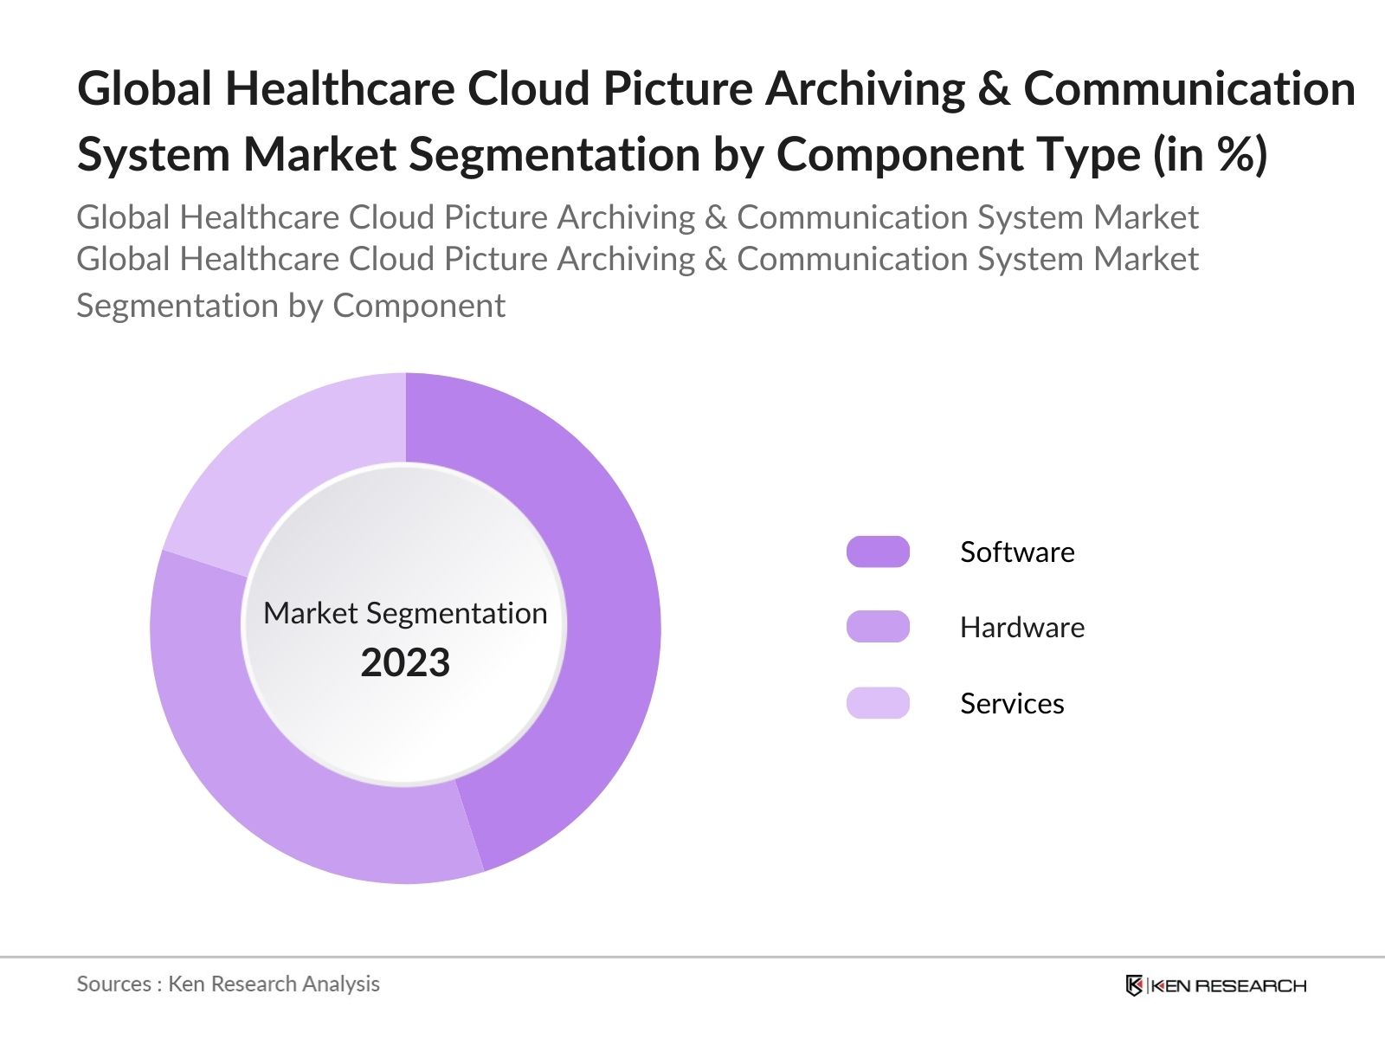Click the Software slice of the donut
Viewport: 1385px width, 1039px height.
[x=606, y=606]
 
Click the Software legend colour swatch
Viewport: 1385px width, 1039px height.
[x=878, y=552]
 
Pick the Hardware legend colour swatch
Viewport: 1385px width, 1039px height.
[x=878, y=627]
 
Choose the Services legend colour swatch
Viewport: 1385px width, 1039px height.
[x=878, y=703]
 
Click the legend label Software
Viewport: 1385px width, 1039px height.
[x=1017, y=552]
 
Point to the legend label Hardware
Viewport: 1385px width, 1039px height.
[x=1021, y=627]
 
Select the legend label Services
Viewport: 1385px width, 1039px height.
[x=1012, y=703]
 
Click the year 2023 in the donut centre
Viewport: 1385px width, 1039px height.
[x=405, y=662]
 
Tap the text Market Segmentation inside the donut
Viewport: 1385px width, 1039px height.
[x=405, y=613]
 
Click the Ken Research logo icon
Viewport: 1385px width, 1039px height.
[x=1134, y=985]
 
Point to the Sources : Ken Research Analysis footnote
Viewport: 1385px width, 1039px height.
[x=228, y=984]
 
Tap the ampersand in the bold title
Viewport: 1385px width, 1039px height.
[x=994, y=88]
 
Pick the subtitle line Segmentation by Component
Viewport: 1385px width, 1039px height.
[x=291, y=306]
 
